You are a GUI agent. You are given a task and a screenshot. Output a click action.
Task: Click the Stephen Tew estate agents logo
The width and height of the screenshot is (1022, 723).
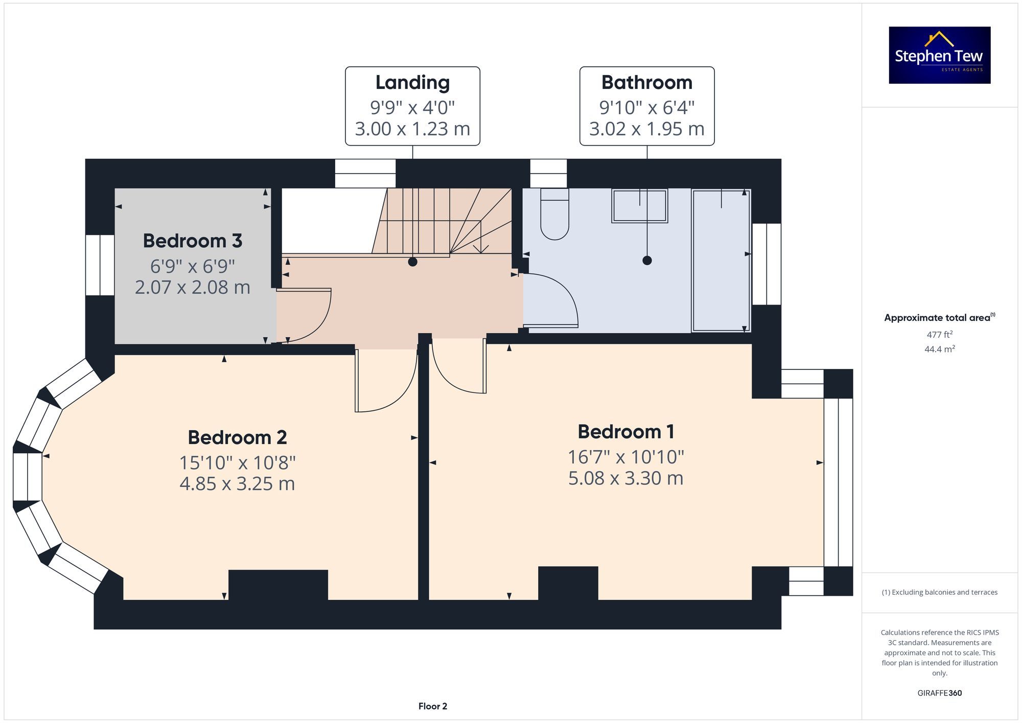coord(939,55)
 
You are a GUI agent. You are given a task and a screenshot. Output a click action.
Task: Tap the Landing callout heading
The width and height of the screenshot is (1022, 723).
coord(412,82)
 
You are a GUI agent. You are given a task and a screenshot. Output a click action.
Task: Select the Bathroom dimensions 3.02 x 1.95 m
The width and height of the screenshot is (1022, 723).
coord(646,129)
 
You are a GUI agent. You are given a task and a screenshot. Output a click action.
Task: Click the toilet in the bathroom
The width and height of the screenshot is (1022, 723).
coord(554,215)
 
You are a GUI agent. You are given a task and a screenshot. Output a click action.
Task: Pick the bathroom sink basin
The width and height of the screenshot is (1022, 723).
coord(639,205)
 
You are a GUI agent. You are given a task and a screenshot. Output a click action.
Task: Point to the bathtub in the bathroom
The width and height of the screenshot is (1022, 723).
coord(721,261)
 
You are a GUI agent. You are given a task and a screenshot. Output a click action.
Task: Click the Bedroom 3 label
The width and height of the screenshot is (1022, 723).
coord(192,241)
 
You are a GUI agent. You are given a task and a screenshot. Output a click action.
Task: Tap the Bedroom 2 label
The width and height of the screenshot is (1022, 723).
coord(237,437)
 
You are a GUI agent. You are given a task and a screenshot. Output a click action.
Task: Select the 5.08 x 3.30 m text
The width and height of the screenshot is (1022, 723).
coord(625,478)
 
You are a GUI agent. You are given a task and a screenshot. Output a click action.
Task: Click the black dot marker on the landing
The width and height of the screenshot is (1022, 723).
coord(413,262)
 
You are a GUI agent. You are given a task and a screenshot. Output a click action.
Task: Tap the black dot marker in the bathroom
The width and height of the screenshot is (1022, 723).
coord(647,261)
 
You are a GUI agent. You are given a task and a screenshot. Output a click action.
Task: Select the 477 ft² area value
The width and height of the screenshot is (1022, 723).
coord(939,335)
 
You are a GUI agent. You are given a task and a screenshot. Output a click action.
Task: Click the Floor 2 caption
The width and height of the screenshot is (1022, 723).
coord(432,706)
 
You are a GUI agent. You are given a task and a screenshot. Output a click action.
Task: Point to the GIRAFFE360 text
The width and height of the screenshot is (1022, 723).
coord(939,693)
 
